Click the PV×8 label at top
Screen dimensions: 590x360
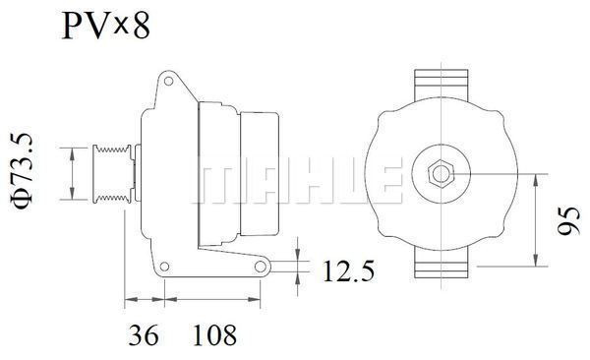(106, 26)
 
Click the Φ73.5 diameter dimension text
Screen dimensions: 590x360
(23, 170)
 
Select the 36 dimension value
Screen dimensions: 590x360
(144, 334)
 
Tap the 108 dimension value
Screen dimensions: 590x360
(214, 334)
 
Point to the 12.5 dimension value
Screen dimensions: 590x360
(349, 270)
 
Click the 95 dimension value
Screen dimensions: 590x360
(569, 220)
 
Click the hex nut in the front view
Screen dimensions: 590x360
(441, 174)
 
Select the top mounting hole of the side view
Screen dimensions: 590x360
(168, 81)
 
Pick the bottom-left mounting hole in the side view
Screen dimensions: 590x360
(164, 267)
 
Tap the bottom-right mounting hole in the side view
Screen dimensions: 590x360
(261, 267)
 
